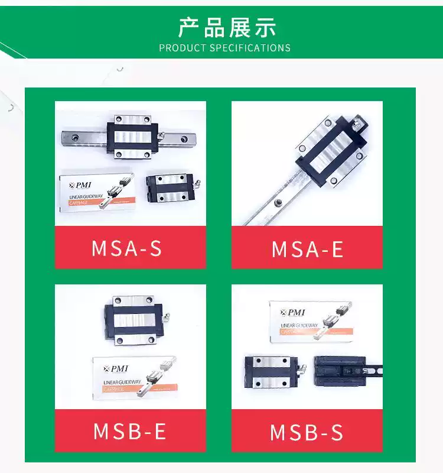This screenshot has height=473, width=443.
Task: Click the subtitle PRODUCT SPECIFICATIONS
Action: click(224, 48)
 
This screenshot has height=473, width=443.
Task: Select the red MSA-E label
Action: click(307, 249)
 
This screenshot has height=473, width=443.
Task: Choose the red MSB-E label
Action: click(130, 431)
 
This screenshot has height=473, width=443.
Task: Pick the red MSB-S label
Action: click(307, 432)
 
